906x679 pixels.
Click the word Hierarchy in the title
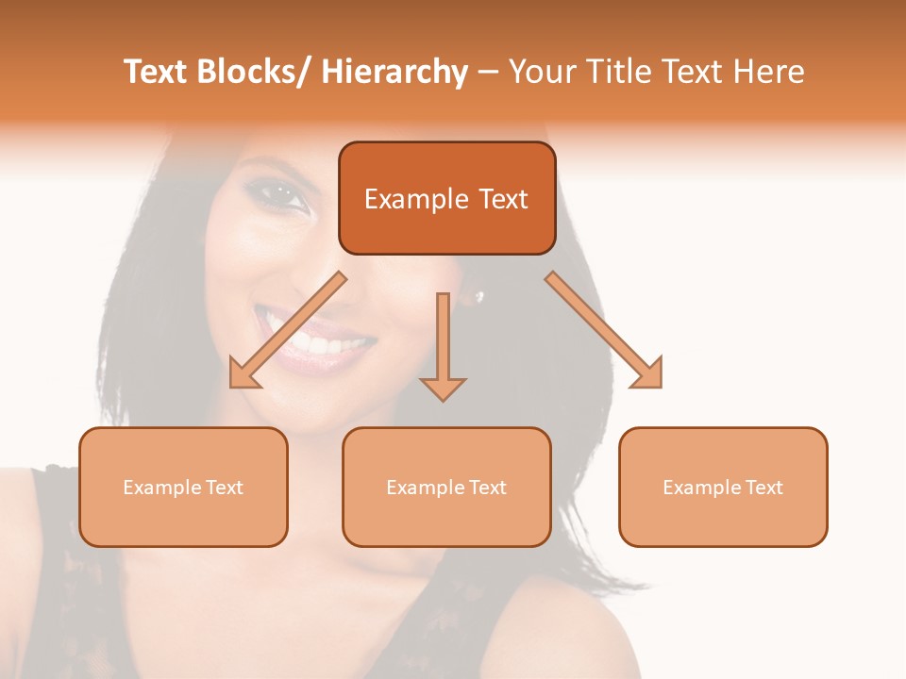[x=394, y=72]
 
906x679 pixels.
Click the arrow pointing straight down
[x=443, y=349]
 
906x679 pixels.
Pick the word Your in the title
[x=543, y=72]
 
